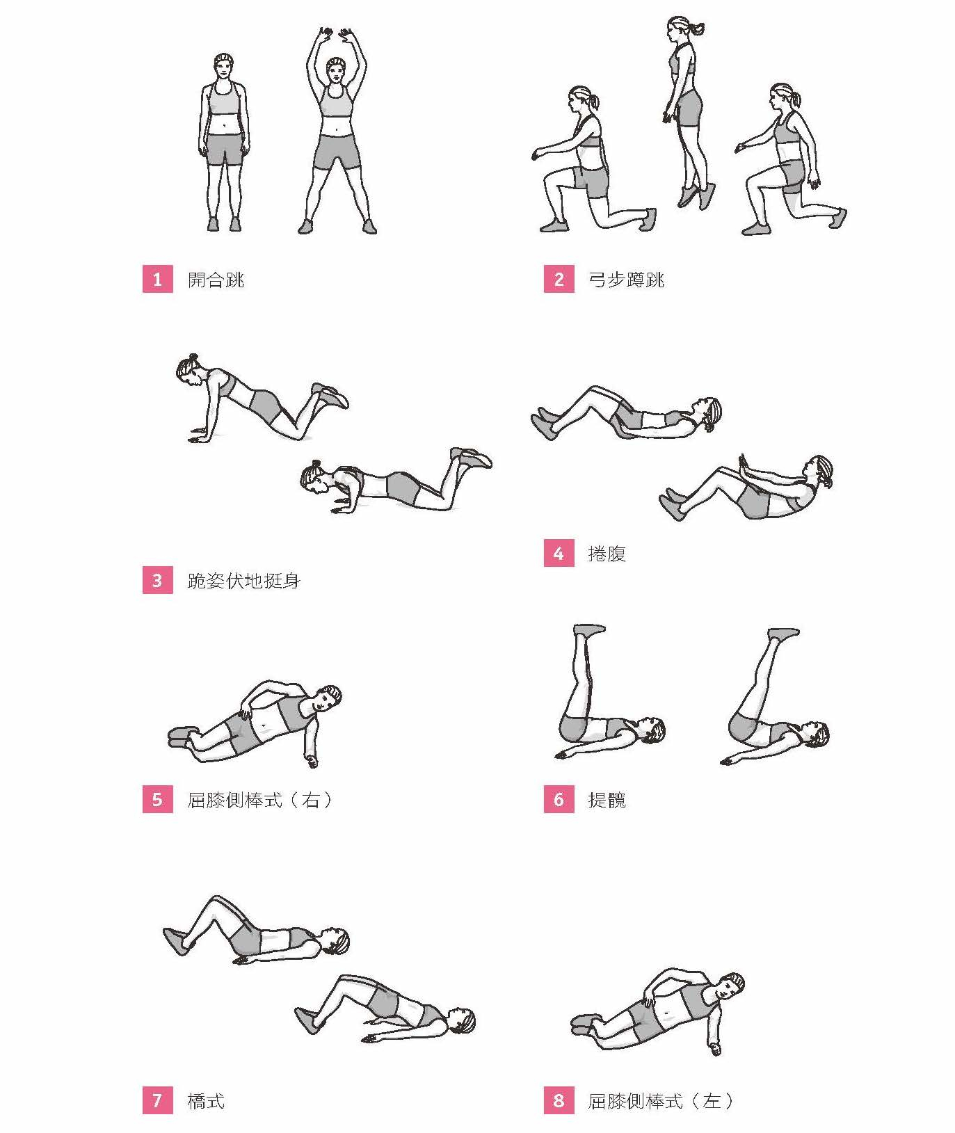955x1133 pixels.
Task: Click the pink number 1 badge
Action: [157, 279]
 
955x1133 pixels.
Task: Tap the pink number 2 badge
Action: [559, 279]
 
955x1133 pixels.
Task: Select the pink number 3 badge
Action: [157, 580]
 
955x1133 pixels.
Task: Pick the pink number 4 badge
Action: [559, 553]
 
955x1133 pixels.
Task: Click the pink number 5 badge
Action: [157, 799]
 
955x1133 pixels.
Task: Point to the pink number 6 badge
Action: [559, 799]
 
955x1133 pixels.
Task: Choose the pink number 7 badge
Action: [157, 1100]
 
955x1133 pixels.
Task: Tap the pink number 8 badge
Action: [559, 1100]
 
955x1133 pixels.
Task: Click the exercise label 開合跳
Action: [216, 280]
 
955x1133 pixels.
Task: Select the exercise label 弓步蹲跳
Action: [627, 280]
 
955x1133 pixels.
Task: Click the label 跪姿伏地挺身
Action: [244, 581]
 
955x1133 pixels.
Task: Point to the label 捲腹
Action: [607, 554]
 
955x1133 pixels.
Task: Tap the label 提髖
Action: [607, 800]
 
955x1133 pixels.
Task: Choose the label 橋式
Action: [207, 1101]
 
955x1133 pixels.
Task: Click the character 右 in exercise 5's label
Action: [311, 800]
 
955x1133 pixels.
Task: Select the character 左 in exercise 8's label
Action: [712, 1101]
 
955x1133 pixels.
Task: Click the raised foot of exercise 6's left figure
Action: [589, 629]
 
